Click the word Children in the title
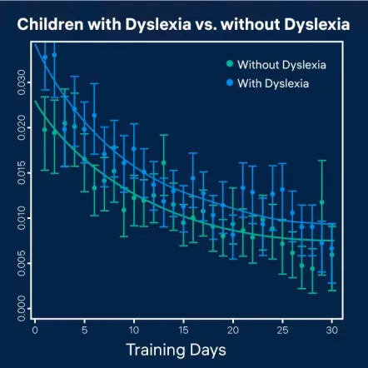[x=52, y=24]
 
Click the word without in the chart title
[x=241, y=24]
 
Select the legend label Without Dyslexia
[x=281, y=64]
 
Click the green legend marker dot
[x=229, y=64]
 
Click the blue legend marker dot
[x=229, y=82]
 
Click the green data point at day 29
[x=322, y=202]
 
